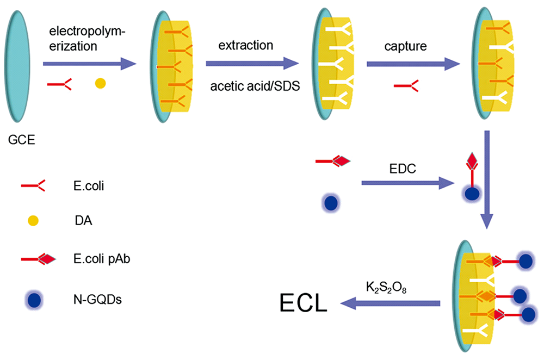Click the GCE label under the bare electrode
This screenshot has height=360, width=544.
click(21, 142)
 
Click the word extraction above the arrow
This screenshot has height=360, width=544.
click(246, 46)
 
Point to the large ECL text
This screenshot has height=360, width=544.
click(304, 302)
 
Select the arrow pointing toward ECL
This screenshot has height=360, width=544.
click(389, 303)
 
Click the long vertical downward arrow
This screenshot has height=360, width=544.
click(487, 179)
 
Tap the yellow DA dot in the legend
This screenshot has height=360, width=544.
click(33, 221)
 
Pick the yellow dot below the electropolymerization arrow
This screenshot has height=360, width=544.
click(100, 83)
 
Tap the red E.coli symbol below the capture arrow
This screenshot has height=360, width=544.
click(406, 84)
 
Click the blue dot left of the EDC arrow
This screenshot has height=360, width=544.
click(330, 203)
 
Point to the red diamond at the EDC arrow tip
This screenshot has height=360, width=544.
click(471, 162)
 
